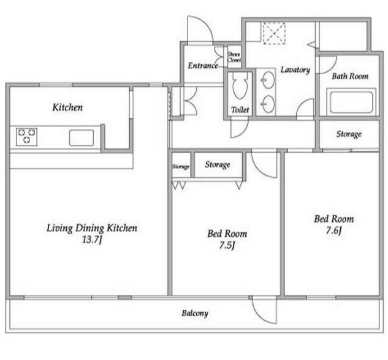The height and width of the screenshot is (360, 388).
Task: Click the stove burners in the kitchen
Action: (x=27, y=137)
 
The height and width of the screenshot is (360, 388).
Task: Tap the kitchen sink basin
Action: (x=82, y=137)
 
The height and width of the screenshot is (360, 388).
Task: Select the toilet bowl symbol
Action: (x=240, y=86)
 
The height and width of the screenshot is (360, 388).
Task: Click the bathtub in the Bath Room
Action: (x=351, y=102)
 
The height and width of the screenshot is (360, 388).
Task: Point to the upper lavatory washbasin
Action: (x=268, y=80)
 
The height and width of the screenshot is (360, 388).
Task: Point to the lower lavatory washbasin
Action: (x=268, y=104)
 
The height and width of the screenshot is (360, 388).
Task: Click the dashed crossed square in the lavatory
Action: (x=274, y=34)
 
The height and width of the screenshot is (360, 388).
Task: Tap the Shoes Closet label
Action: (x=234, y=57)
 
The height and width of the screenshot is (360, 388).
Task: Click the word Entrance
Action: (x=203, y=66)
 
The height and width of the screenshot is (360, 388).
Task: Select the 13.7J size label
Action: (x=92, y=240)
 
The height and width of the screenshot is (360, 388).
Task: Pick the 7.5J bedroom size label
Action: (x=227, y=245)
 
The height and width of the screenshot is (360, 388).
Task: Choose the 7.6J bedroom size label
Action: (x=334, y=231)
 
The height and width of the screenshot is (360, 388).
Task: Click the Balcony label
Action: (x=195, y=313)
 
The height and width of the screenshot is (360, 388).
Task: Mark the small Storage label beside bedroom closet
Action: (x=181, y=166)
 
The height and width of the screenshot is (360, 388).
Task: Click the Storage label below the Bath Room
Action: (x=349, y=134)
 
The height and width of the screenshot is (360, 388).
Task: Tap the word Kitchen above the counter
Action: (x=67, y=107)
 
